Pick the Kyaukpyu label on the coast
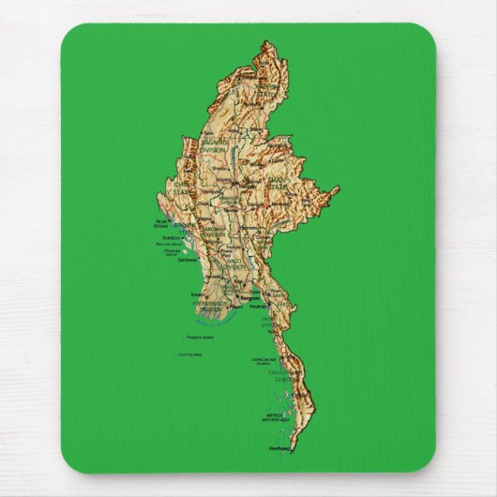pos(163,238)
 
